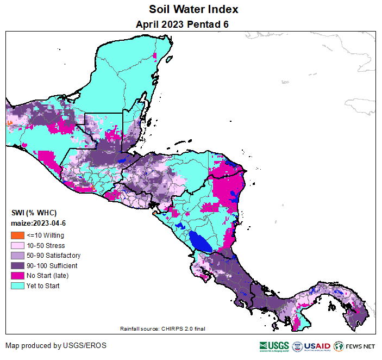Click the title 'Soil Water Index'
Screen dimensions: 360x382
(194, 10)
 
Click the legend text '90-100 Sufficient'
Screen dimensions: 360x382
(52, 266)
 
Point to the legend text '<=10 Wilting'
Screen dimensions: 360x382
(45, 235)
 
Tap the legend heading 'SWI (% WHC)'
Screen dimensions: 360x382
(34, 213)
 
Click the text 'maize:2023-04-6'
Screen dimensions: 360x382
(39, 223)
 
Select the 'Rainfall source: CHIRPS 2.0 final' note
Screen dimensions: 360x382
(162, 328)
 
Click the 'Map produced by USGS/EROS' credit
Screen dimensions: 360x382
(56, 346)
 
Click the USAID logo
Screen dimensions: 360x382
(310, 346)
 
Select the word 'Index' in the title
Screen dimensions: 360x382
(223, 10)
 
